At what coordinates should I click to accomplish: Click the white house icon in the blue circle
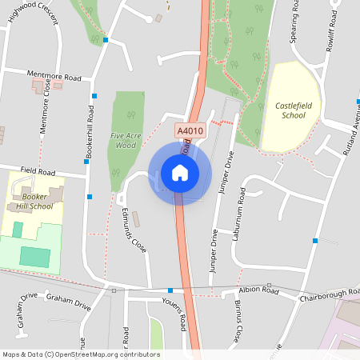click(179, 172)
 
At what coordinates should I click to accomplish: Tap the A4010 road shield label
click(190, 129)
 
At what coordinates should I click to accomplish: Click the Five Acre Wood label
click(123, 141)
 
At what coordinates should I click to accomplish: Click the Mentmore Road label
click(54, 77)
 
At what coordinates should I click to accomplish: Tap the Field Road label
click(38, 171)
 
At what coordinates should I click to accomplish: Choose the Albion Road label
click(258, 290)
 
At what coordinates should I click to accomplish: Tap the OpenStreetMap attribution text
click(80, 354)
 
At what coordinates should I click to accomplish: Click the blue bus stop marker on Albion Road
click(170, 290)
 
